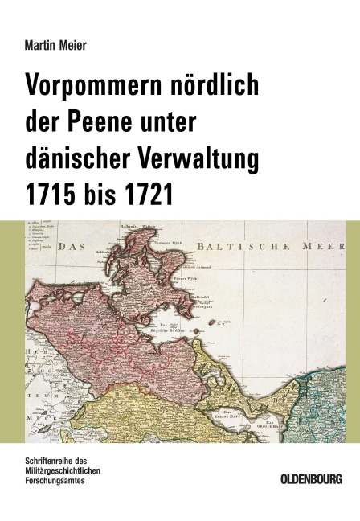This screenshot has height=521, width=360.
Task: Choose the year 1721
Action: [150, 195]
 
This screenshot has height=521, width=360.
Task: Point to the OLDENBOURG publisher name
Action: [311, 479]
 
